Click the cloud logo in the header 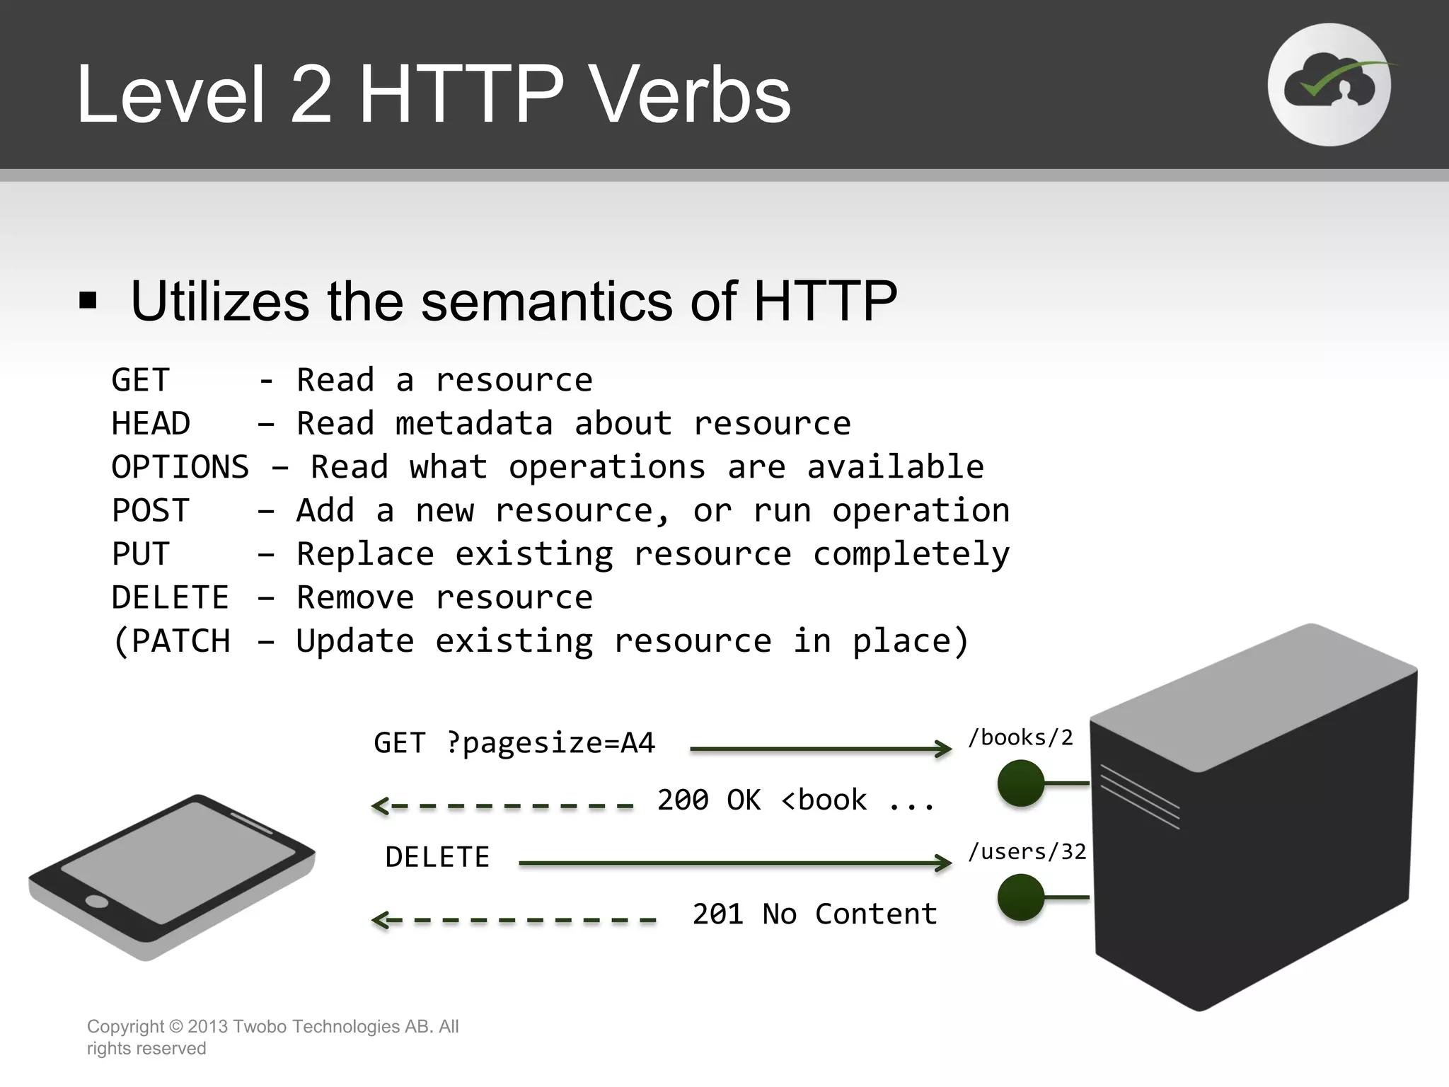point(1329,85)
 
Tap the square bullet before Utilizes point(88,301)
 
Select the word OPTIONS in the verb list point(180,468)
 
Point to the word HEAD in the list point(150,424)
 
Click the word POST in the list point(150,511)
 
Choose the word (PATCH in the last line point(171,641)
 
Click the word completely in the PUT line point(911,554)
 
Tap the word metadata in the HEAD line point(473,424)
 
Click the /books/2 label point(1020,738)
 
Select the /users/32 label point(1027,852)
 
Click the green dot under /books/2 point(1020,783)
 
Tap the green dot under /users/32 point(1020,897)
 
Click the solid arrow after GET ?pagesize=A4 point(821,749)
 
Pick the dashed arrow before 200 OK point(502,805)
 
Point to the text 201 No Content point(814,914)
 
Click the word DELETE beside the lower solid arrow point(437,858)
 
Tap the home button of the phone point(96,902)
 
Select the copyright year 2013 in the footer point(207,1027)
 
